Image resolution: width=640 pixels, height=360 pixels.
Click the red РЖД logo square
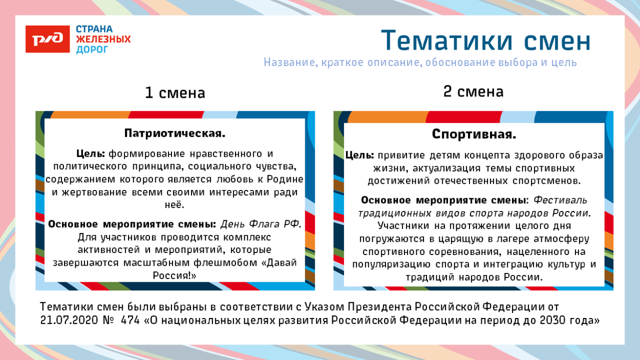tap(48, 39)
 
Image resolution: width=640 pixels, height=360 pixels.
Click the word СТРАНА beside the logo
tap(94, 29)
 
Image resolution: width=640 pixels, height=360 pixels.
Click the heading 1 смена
tap(175, 93)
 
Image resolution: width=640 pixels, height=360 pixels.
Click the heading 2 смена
tap(473, 92)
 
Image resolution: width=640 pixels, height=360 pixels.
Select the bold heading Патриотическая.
tap(175, 134)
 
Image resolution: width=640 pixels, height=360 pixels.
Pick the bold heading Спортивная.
tap(474, 135)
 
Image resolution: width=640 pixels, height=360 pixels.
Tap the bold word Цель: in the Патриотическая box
tap(91, 154)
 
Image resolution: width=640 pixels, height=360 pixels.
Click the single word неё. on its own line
tap(175, 205)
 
